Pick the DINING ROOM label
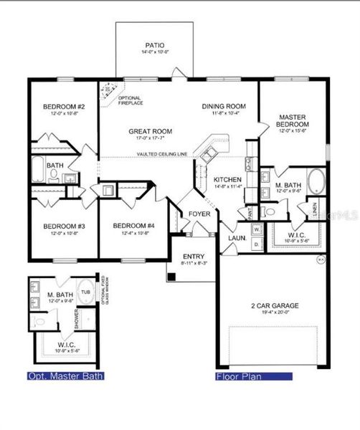(x=222, y=105)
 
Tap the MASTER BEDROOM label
(x=292, y=120)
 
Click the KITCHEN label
(x=226, y=180)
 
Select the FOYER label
(x=198, y=214)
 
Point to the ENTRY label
(x=194, y=257)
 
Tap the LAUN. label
(x=237, y=237)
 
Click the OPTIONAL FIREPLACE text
(x=130, y=101)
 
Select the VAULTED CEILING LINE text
(x=153, y=155)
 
